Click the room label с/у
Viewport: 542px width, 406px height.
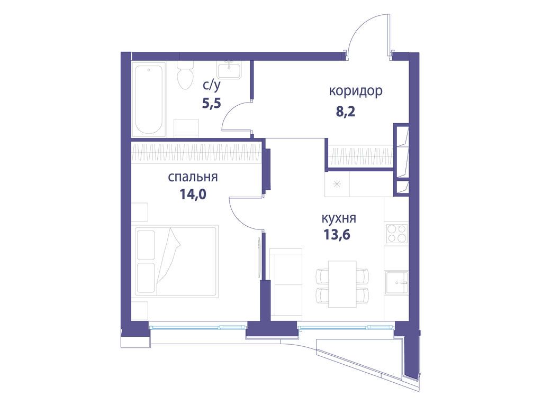coord(212,84)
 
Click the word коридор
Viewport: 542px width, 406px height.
coord(356,91)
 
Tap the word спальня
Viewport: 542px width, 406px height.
coord(193,177)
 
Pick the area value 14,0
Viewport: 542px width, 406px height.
coord(193,194)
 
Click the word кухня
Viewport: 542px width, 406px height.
coord(338,218)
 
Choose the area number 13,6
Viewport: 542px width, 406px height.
coord(337,234)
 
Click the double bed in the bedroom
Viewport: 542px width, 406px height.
coord(176,261)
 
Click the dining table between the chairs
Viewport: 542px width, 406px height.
coord(342,284)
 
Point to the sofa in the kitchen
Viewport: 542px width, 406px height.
coord(285,282)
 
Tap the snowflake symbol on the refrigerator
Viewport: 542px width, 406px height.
coord(337,184)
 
